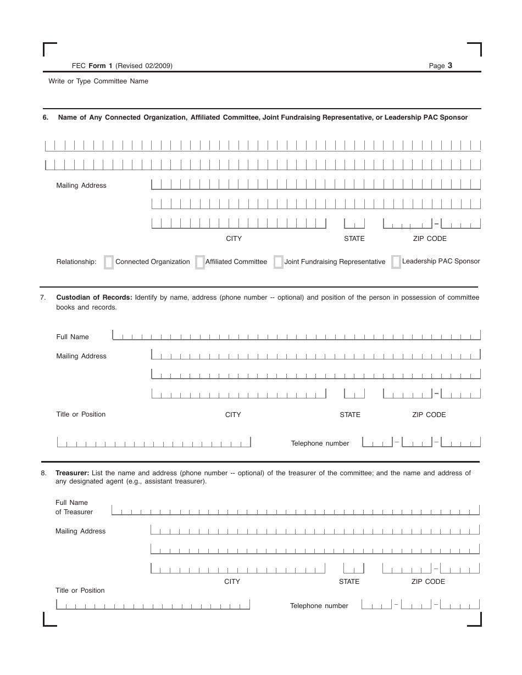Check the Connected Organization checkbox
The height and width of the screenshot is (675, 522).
click(x=109, y=262)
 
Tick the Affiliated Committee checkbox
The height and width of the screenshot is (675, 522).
click(x=200, y=262)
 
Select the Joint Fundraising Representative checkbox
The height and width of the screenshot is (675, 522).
click(x=279, y=262)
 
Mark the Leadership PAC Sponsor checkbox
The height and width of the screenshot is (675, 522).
click(x=396, y=262)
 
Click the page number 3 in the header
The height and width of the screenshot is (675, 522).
click(x=450, y=65)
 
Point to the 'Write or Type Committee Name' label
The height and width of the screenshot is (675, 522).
click(x=98, y=81)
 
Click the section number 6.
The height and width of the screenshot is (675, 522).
click(x=46, y=117)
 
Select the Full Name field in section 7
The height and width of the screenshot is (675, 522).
click(x=296, y=335)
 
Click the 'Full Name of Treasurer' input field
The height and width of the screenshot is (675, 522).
click(x=295, y=510)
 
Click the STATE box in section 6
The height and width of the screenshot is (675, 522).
click(x=354, y=223)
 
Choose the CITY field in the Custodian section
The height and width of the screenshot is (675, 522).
click(x=238, y=393)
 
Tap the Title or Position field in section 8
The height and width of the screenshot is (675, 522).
click(x=153, y=604)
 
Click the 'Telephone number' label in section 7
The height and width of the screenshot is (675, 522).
click(x=320, y=443)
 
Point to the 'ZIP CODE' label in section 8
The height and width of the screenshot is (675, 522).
click(x=428, y=582)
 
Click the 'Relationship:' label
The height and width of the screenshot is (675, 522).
click(x=76, y=262)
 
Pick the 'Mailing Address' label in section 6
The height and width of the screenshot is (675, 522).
click(x=81, y=185)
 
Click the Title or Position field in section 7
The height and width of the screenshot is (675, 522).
click(x=154, y=442)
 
